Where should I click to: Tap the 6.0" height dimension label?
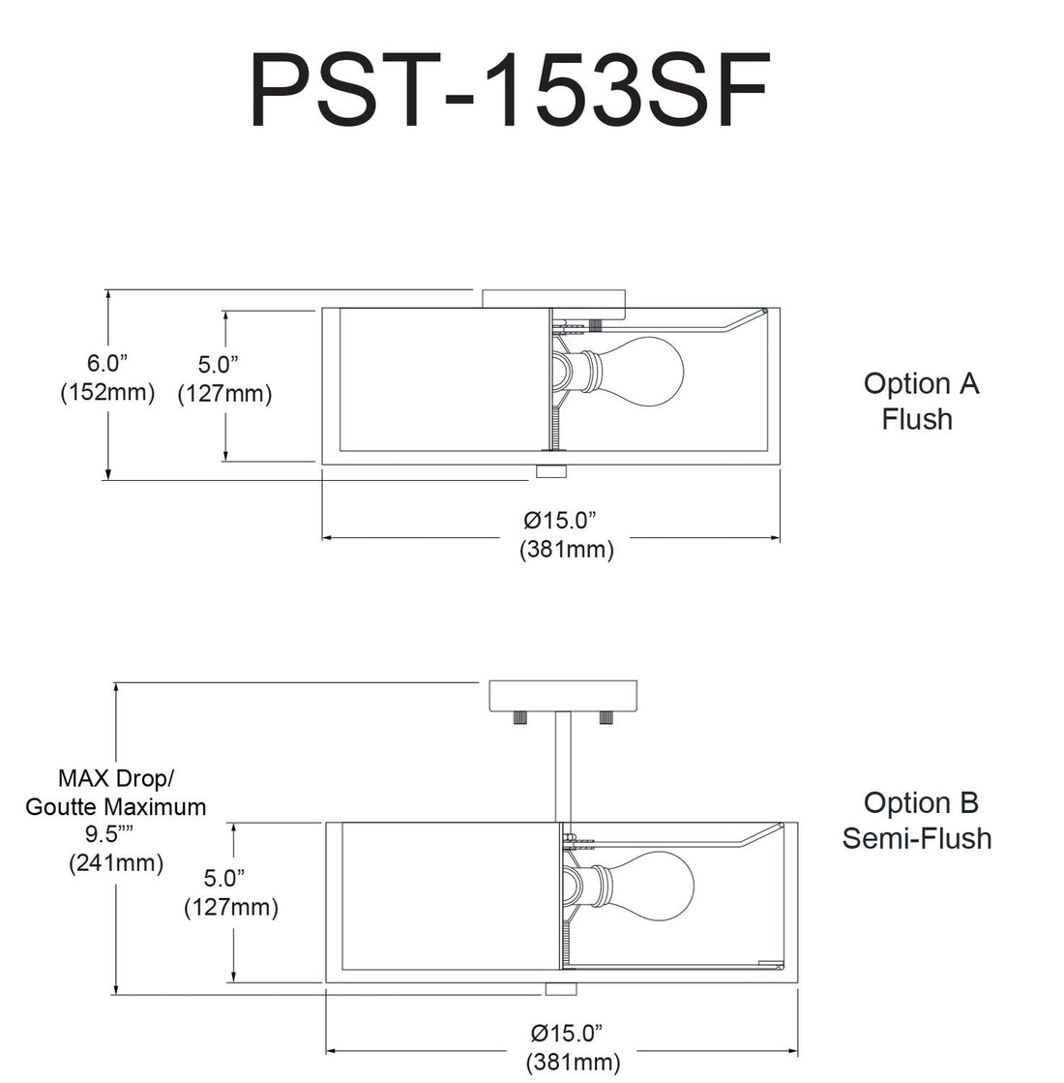click(x=107, y=363)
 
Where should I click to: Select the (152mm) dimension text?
click(x=107, y=392)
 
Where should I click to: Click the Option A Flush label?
click(x=920, y=401)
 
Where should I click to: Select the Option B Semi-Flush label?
click(x=917, y=820)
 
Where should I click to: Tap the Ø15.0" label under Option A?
click(x=567, y=520)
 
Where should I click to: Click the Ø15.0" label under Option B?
click(x=573, y=1033)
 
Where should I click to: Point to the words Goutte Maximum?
click(x=116, y=806)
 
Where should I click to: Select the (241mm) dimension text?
click(x=116, y=862)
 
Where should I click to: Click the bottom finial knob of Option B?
click(x=560, y=988)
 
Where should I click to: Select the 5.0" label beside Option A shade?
click(x=219, y=365)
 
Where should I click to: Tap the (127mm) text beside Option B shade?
click(x=231, y=907)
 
